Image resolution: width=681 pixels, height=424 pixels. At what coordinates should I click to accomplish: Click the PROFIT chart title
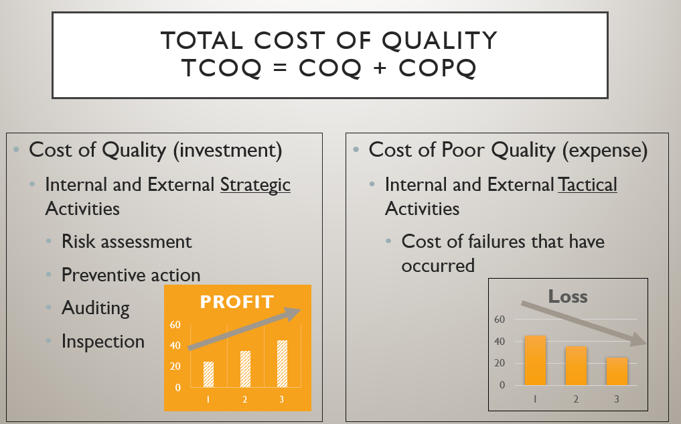[x=236, y=302]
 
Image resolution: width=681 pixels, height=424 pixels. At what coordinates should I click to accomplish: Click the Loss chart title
[x=568, y=297]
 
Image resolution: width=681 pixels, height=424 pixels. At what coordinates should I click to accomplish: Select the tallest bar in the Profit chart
[x=283, y=364]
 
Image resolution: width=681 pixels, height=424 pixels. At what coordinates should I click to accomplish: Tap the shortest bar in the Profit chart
[x=208, y=374]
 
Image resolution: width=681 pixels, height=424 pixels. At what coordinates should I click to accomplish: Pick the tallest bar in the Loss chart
[x=535, y=360]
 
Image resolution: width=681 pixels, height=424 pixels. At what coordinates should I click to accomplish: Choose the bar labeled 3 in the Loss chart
[x=617, y=371]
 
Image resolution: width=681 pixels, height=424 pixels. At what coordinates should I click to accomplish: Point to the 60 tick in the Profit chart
[x=175, y=324]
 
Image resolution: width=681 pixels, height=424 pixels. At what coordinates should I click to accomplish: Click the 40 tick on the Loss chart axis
[x=500, y=342]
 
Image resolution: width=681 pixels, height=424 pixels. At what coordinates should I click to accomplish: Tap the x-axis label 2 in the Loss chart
[x=576, y=399]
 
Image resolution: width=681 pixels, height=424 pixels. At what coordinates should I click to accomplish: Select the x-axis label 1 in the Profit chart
[x=208, y=399]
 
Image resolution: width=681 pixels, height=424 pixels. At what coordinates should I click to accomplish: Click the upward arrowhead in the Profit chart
[x=293, y=313]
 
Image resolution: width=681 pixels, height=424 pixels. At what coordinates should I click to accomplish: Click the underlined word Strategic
[x=255, y=185]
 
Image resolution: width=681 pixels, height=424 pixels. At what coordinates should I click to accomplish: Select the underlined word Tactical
[x=588, y=185]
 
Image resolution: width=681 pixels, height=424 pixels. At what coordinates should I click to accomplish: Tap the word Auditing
[x=96, y=308]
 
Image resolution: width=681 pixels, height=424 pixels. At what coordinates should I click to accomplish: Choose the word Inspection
[x=103, y=342]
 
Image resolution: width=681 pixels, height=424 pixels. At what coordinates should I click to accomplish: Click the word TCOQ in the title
[x=222, y=68]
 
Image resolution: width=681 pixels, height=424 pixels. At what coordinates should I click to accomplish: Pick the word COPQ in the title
[x=437, y=68]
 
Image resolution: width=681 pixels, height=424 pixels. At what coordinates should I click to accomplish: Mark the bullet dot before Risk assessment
[x=49, y=241]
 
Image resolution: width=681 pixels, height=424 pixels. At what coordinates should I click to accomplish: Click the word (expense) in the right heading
[x=605, y=150]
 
